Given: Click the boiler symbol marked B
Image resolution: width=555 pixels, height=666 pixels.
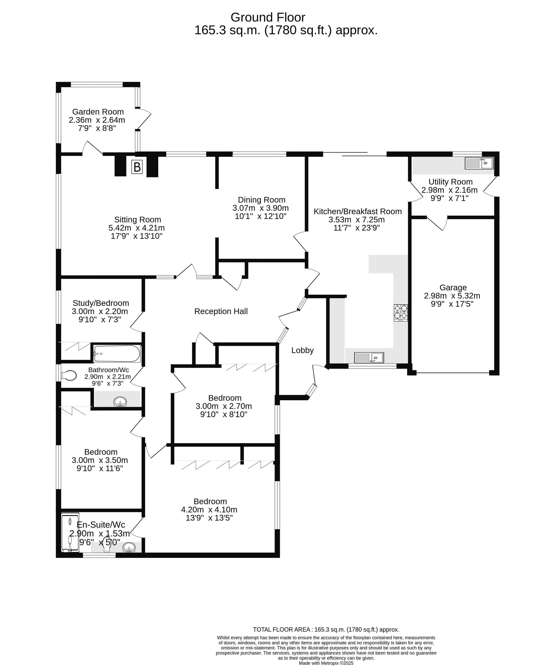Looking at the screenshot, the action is [x=137, y=167].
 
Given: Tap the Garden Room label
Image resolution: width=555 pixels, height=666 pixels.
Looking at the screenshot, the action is [x=98, y=112].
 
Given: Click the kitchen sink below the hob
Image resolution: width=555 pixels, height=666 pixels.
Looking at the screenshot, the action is [x=369, y=358].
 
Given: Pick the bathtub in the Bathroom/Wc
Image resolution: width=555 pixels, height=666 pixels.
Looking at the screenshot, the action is [x=117, y=354].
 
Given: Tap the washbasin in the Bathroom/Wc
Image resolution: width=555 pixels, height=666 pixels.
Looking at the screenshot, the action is [x=120, y=402].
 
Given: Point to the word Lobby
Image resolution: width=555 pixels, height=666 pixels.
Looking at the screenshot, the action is [x=302, y=350].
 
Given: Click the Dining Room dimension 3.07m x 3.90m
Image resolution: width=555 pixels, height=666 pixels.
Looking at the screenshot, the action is [x=260, y=208].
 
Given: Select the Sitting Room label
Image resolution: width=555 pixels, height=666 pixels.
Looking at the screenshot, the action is [x=137, y=220].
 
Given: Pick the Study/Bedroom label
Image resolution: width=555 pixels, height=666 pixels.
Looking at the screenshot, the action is [x=101, y=303].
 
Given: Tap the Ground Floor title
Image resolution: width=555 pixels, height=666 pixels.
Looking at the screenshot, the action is [x=268, y=17].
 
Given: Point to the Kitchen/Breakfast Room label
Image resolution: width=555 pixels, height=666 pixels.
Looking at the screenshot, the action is [x=357, y=211].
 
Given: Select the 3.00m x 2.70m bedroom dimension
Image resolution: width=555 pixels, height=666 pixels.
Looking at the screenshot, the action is [x=224, y=406].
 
